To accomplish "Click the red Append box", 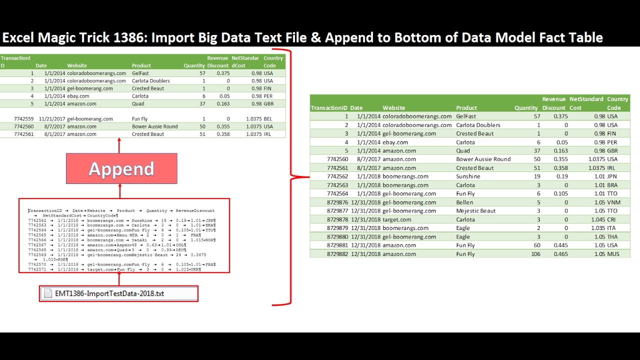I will click(x=121, y=168).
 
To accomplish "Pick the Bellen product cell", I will click(x=464, y=202).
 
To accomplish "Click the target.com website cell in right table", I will click(x=397, y=219).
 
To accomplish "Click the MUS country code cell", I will click(x=613, y=254).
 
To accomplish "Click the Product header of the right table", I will click(x=466, y=108).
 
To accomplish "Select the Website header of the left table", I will click(x=77, y=65).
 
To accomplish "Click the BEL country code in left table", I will click(x=268, y=119).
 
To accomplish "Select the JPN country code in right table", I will click(x=613, y=176).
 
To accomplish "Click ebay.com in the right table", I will click(x=395, y=142).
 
